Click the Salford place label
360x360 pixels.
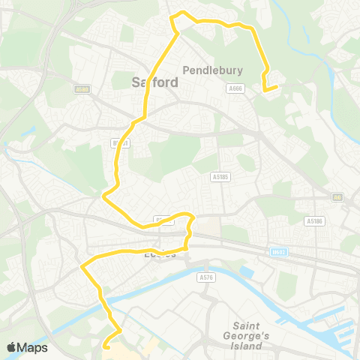(x=155, y=82)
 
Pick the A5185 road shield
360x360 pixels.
(x=219, y=177)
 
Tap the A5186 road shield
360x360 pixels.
(x=313, y=221)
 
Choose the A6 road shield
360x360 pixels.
(x=337, y=197)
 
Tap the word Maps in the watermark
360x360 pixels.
(x=33, y=347)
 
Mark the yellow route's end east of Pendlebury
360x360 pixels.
(x=277, y=87)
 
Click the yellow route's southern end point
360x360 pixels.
(x=105, y=346)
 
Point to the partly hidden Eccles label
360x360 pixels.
(x=159, y=254)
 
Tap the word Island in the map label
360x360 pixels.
(x=247, y=346)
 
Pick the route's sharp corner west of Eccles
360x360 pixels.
(x=81, y=265)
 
